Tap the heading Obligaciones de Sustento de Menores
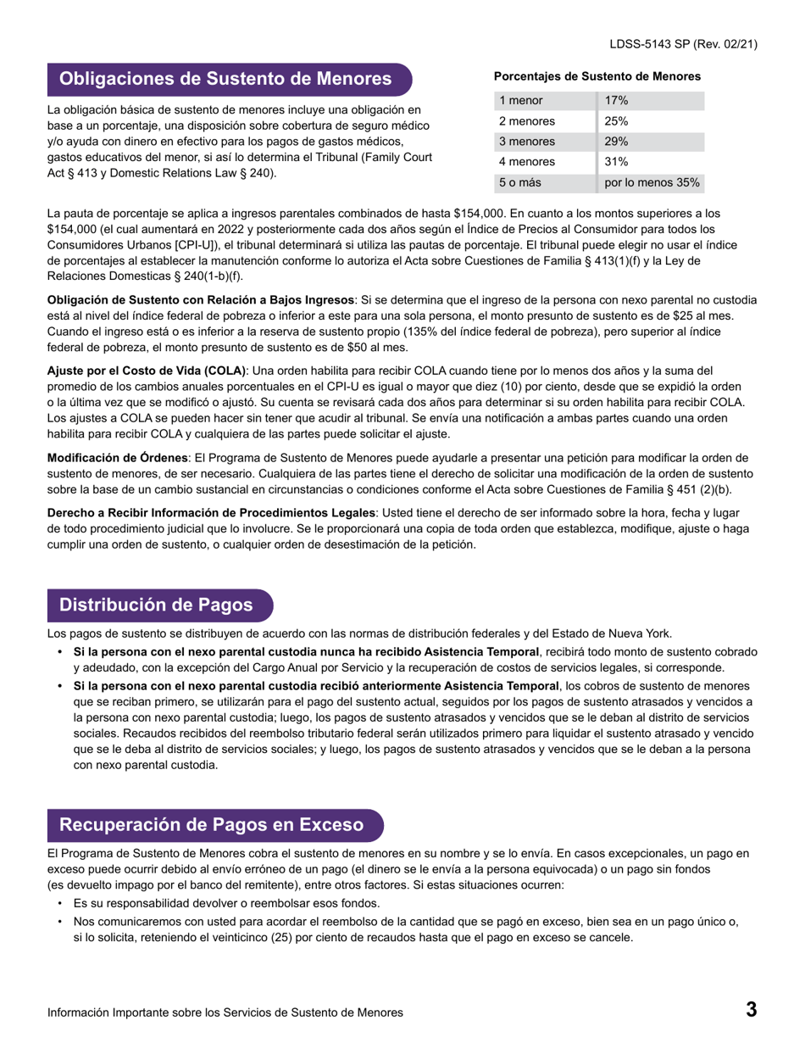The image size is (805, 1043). [x=225, y=80]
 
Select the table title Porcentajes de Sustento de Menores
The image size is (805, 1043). [x=597, y=76]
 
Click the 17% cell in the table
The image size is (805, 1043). [x=616, y=101]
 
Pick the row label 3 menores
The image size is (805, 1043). [x=527, y=142]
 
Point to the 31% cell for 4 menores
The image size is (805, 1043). [x=616, y=162]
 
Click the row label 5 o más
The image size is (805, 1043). [x=519, y=182]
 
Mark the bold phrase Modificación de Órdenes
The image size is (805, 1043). [x=117, y=458]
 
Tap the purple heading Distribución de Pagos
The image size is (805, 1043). [x=156, y=605]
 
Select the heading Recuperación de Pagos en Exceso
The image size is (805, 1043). [x=211, y=825]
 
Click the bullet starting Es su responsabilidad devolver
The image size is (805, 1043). [x=226, y=903]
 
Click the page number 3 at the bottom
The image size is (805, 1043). [x=751, y=1009]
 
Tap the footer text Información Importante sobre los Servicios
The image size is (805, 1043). [x=225, y=1012]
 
